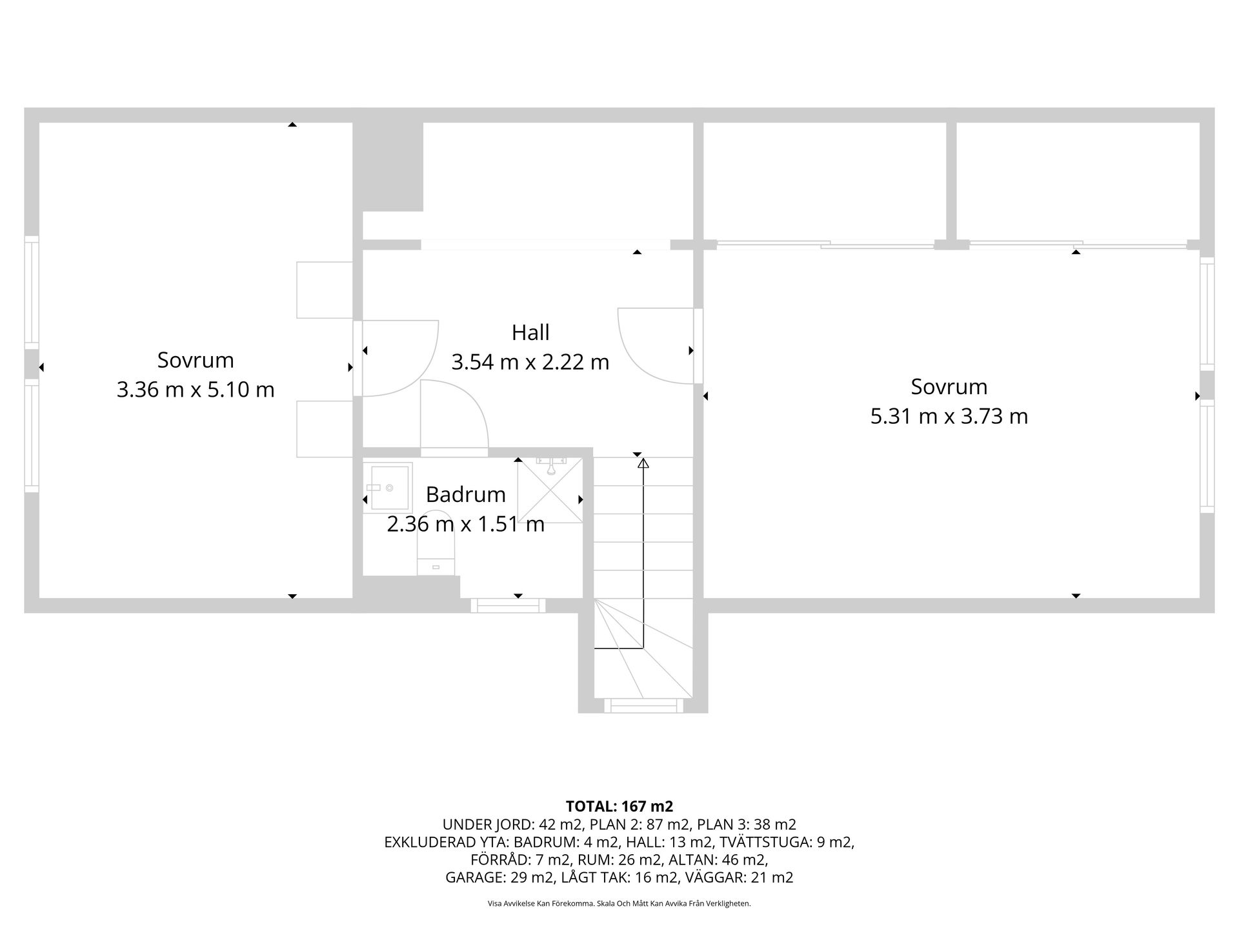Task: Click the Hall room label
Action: coord(530,333)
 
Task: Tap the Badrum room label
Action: coord(465,495)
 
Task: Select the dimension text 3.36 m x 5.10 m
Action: coord(196,390)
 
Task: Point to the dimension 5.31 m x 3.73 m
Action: coord(949,416)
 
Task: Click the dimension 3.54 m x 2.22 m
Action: coord(530,362)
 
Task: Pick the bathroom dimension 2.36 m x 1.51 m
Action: coord(465,524)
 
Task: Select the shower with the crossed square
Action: coord(550,490)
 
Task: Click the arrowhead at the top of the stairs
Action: coord(643,463)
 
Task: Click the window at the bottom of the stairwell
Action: coord(643,705)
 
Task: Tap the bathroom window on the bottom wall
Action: coord(508,605)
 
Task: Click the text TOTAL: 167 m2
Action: coord(619,806)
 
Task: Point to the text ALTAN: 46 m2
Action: coord(718,859)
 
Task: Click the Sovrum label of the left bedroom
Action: coord(196,360)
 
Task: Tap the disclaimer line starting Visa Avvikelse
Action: coord(619,904)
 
